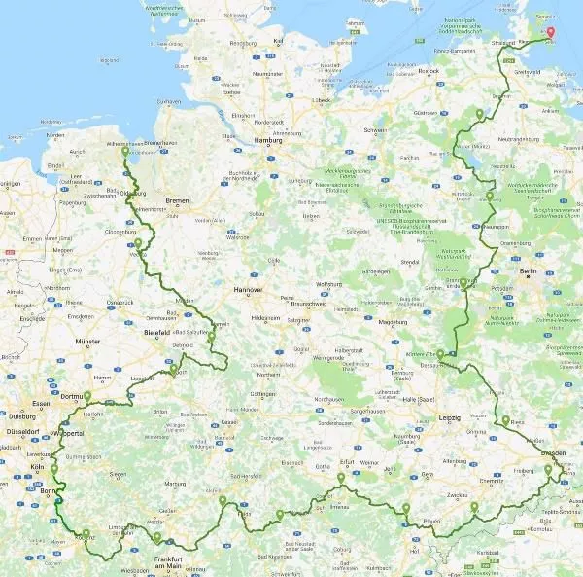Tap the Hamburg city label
[x=268, y=140]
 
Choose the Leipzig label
[x=449, y=417]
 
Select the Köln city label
[x=37, y=468]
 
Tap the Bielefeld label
[x=156, y=332]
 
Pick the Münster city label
[x=87, y=342]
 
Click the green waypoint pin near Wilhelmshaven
[x=124, y=153]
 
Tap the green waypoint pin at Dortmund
[x=86, y=396]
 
